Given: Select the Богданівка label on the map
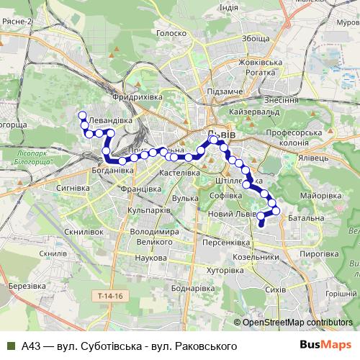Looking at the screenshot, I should click(113, 171).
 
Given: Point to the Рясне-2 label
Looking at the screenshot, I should click(17, 22).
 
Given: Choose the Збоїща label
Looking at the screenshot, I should click(256, 39).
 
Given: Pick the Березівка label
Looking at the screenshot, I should click(27, 286).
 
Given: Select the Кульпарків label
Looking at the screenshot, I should click(148, 210).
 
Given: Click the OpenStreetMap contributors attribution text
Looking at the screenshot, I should click(297, 322).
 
